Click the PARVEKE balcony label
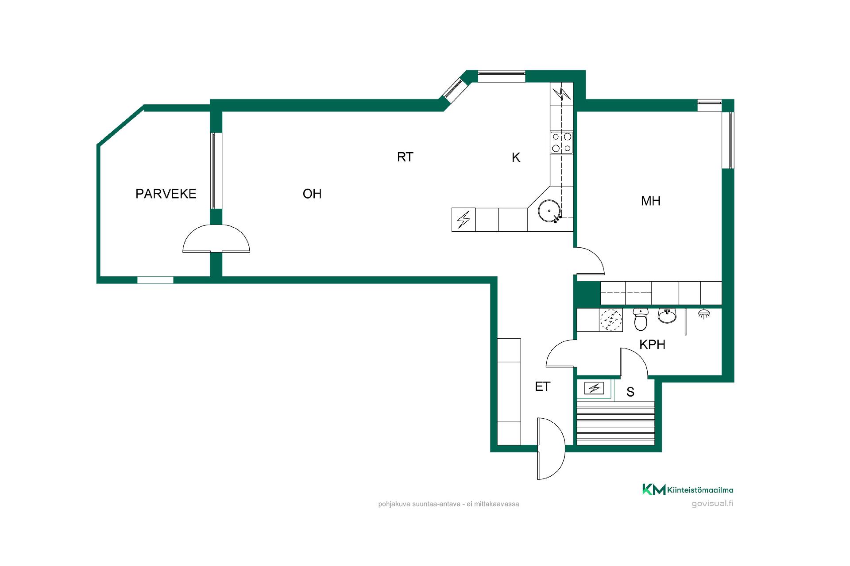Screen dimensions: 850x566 tap(166, 194)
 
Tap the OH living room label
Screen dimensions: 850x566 tap(312, 194)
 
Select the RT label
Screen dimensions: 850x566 tap(405, 157)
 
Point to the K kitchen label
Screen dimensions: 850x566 tap(516, 157)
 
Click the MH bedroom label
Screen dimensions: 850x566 tap(651, 201)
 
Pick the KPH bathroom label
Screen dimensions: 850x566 tap(653, 344)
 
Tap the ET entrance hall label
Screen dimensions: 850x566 tap(542, 386)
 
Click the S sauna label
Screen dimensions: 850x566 tap(630, 392)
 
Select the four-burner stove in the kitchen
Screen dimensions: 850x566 tap(561, 142)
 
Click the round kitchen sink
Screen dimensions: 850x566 tap(549, 210)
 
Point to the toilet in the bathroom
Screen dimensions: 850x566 tap(641, 319)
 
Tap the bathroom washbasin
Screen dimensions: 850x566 tap(667, 315)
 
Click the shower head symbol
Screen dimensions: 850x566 tap(703, 314)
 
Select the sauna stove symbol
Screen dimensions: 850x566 tap(594, 388)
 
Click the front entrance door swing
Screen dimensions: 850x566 tap(551, 448)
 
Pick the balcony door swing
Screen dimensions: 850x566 tap(216, 238)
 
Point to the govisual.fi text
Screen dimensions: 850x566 tap(712, 504)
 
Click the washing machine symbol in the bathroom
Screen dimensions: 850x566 tap(611, 320)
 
